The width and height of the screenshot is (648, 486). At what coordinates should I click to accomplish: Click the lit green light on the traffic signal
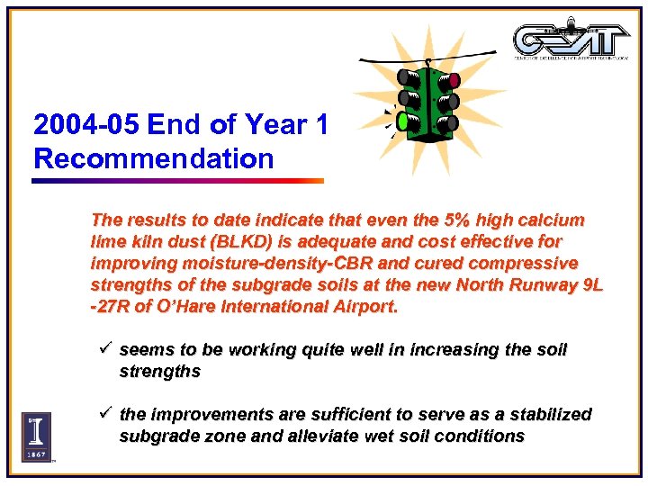point(402,121)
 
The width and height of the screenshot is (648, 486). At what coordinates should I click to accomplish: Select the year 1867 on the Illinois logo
point(36,453)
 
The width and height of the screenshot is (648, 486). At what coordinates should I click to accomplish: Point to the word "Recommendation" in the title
point(153,158)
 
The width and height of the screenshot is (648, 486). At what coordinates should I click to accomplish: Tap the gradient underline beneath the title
point(177,181)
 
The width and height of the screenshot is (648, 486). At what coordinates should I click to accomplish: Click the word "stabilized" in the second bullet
point(550,414)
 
